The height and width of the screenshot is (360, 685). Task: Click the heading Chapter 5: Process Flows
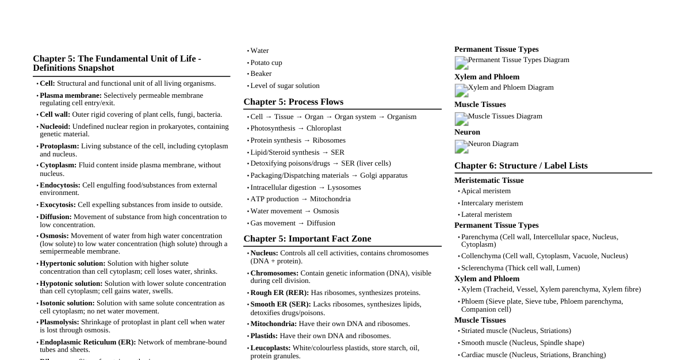[x=293, y=102]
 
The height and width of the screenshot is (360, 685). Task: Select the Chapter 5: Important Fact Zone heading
[x=307, y=239]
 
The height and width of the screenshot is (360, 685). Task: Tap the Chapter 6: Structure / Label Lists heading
[x=521, y=166]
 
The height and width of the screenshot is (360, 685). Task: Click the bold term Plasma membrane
[x=71, y=95]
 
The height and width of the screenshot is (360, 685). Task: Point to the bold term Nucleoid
[x=55, y=127]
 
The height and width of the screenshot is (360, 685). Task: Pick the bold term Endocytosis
[x=60, y=185]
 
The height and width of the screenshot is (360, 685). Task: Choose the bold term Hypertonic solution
[x=72, y=263]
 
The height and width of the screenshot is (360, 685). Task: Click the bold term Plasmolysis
[x=59, y=322]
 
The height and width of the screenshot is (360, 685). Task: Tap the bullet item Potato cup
[x=266, y=63]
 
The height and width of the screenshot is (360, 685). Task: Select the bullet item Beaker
[x=261, y=74]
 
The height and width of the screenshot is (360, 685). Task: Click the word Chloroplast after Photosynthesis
[x=324, y=128]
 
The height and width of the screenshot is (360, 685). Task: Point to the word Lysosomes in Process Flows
[x=344, y=187]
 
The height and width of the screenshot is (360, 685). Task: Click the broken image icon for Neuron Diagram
[x=461, y=146]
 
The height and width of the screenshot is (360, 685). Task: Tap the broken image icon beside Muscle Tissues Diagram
[x=461, y=118]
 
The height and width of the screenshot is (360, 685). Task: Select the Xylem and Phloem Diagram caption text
[x=511, y=87]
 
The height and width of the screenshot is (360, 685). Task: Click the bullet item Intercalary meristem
[x=492, y=203]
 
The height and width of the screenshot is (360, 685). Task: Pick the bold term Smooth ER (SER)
[x=281, y=304]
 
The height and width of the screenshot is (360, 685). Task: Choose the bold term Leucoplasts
[x=270, y=348]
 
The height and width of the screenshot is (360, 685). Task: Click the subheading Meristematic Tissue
[x=489, y=181]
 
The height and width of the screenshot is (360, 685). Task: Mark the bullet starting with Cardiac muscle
[x=533, y=355]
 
